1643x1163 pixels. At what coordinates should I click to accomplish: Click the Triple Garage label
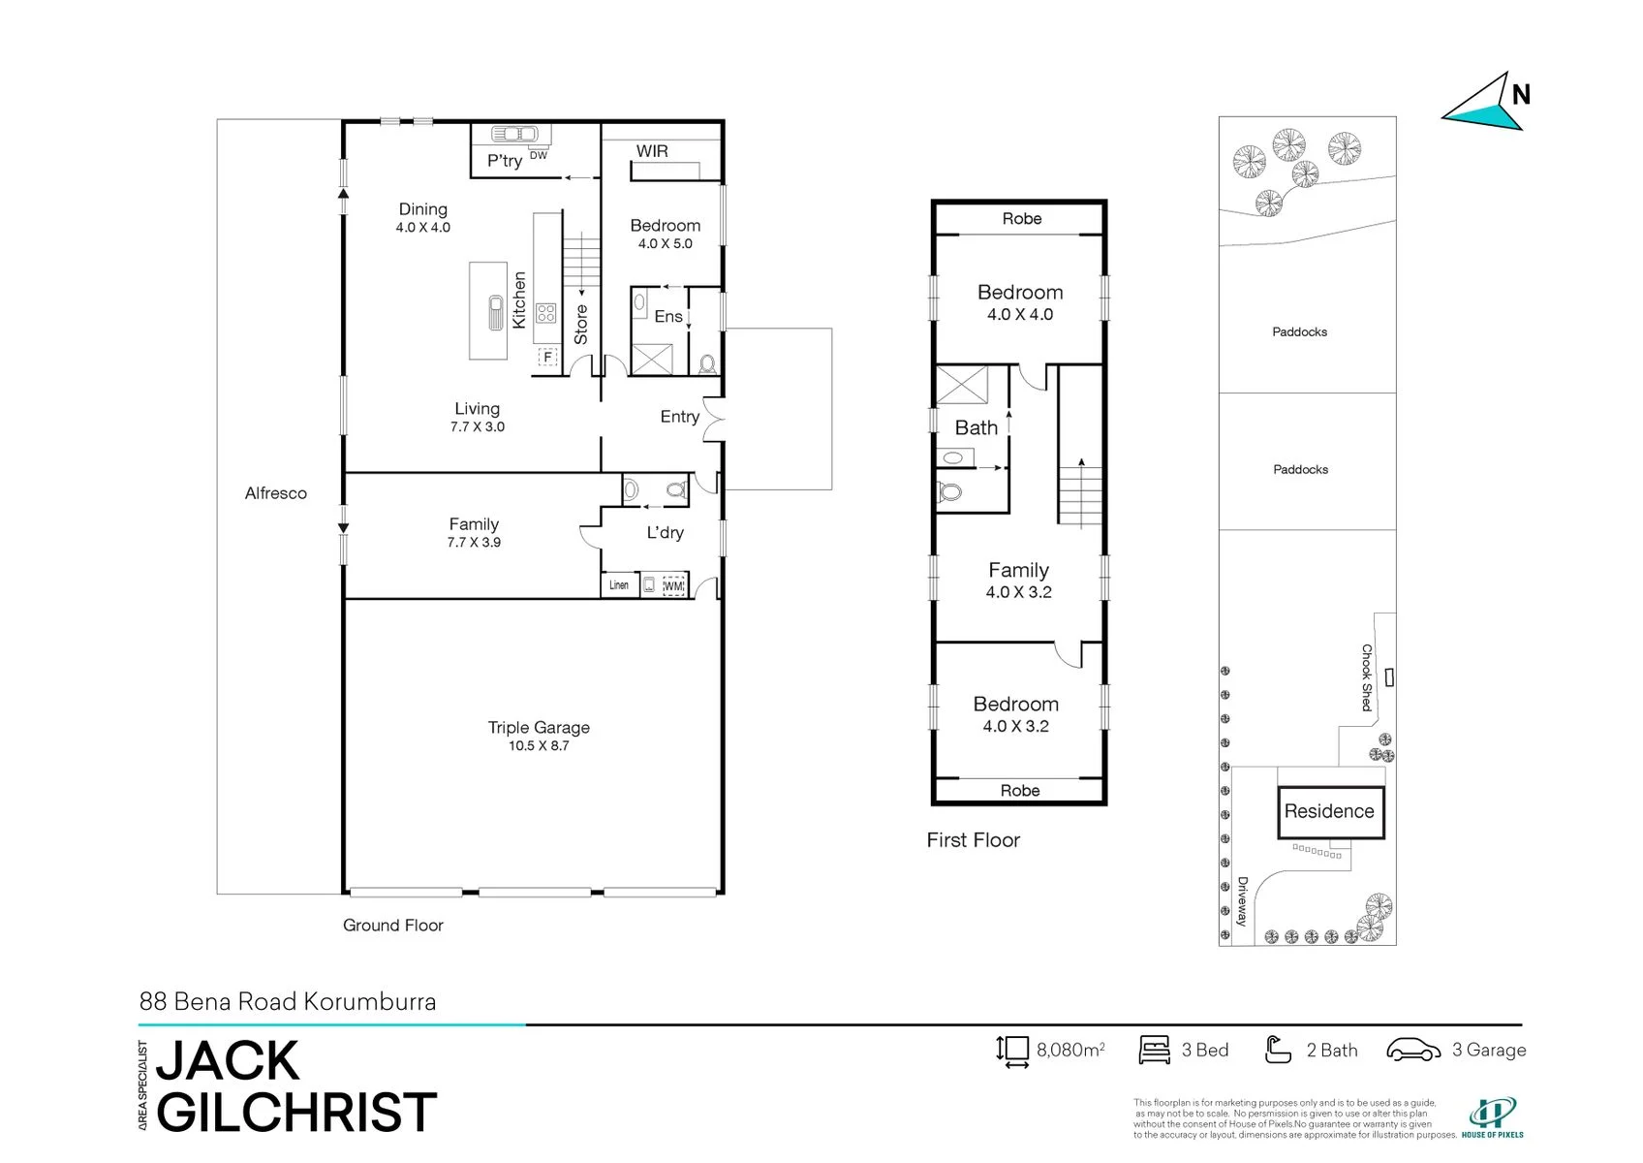point(539,728)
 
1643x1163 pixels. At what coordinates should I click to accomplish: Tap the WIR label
point(652,151)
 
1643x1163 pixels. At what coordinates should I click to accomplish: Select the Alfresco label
point(276,493)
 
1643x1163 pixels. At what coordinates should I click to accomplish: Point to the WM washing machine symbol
point(674,585)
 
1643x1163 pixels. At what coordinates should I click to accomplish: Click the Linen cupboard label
point(619,584)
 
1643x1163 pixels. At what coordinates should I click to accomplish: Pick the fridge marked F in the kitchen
point(547,358)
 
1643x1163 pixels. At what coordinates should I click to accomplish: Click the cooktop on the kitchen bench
point(545,313)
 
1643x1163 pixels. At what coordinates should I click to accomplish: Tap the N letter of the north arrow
point(1521,95)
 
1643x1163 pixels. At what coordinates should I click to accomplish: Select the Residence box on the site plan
point(1330,812)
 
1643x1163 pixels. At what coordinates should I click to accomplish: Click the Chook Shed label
point(1367,677)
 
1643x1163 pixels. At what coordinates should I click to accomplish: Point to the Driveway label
point(1242,901)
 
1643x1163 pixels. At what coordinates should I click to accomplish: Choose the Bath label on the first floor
point(976,427)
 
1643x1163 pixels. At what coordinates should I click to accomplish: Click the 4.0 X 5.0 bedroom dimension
point(665,243)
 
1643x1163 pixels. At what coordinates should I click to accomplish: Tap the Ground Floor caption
point(393,926)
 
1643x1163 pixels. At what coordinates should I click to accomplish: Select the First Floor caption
point(974,840)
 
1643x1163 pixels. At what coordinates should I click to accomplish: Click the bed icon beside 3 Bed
point(1154,1050)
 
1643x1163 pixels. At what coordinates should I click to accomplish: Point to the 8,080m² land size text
point(1070,1050)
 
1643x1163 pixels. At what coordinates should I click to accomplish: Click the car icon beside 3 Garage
point(1413,1050)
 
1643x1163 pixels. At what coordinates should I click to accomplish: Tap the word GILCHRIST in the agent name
point(296,1113)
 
